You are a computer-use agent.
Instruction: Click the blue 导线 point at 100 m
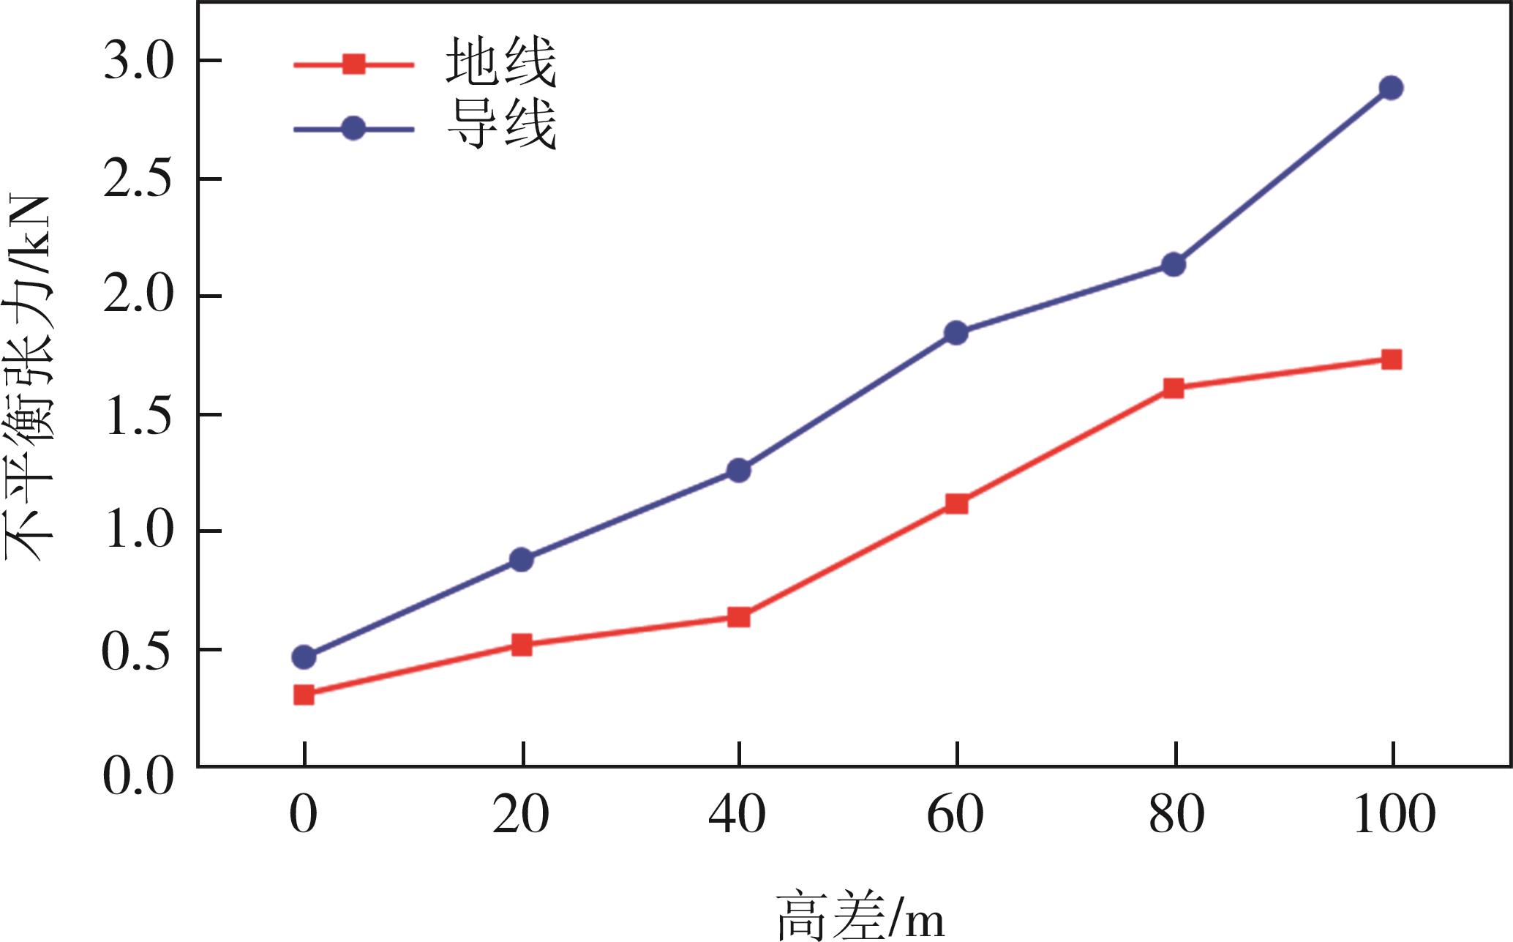tap(1391, 88)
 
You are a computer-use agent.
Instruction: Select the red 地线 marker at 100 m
tap(1391, 359)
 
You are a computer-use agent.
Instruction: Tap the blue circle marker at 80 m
tap(1174, 264)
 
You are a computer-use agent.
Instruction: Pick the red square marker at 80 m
tap(1174, 388)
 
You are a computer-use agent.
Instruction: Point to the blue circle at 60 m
tap(956, 333)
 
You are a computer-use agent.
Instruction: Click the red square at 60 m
tap(956, 504)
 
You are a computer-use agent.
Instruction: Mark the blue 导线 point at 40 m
tap(739, 470)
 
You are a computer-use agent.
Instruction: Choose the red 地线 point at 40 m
tap(739, 617)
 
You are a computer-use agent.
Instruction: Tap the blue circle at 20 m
tap(522, 560)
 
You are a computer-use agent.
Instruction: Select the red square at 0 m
tap(304, 695)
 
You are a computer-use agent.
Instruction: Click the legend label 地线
tap(501, 63)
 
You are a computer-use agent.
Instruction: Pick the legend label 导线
tap(501, 125)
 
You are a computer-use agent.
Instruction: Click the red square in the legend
tap(353, 64)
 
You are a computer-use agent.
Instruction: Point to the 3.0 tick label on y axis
tap(138, 61)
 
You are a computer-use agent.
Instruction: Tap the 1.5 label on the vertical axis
tap(138, 416)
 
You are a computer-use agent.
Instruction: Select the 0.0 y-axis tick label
tap(138, 776)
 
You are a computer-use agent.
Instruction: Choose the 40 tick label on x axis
tap(737, 815)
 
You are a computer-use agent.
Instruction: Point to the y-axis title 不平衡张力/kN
tap(29, 378)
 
